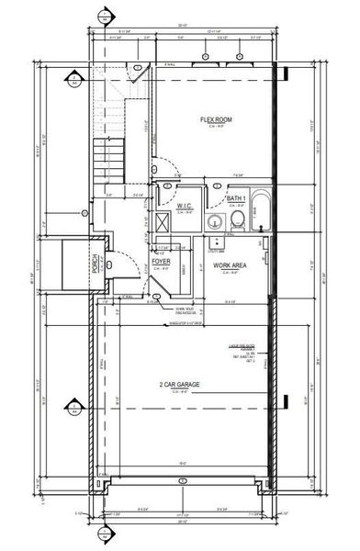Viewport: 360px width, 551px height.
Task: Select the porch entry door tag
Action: coord(108,264)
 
